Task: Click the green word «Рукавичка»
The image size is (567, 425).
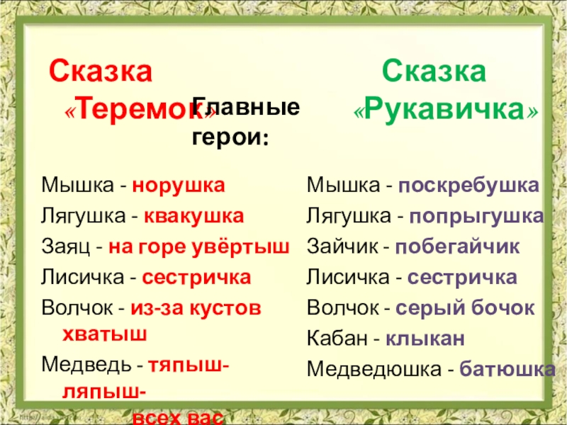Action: point(446,110)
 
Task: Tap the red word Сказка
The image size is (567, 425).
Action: point(100,72)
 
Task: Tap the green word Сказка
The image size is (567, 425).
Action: point(434,72)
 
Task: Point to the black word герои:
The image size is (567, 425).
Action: point(231,137)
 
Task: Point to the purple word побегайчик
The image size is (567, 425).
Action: point(457,247)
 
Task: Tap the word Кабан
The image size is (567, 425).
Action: point(337,339)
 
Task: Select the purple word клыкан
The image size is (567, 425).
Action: point(425,339)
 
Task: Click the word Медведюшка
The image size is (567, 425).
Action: point(373,370)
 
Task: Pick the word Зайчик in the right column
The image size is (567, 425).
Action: point(339,247)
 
